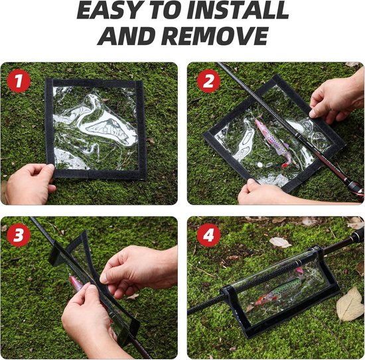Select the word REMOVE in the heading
pyautogui.click(x=214, y=36)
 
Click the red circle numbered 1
pyautogui.click(x=19, y=81)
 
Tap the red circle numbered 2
pyautogui.click(x=208, y=81)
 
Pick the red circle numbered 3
pyautogui.click(x=19, y=235)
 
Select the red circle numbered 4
pyautogui.click(x=208, y=235)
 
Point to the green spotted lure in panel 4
pyautogui.click(x=279, y=290)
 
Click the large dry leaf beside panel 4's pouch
pyautogui.click(x=350, y=304)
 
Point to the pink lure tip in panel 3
pyautogui.click(x=76, y=282)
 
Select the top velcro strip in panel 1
pyautogui.click(x=94, y=83)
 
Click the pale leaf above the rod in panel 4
pyautogui.click(x=280, y=243)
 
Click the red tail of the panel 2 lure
pyautogui.click(x=285, y=165)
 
